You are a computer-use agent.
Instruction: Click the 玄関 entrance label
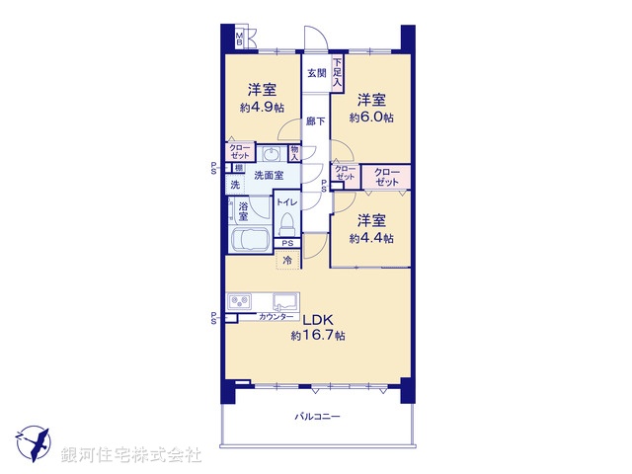[315, 73]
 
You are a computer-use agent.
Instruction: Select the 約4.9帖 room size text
[262, 108]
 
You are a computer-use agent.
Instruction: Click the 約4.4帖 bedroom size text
[371, 238]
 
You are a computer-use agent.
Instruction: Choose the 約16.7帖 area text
[317, 337]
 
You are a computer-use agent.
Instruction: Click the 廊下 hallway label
[314, 120]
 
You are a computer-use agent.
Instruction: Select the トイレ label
[286, 201]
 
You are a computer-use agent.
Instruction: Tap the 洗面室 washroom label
[268, 176]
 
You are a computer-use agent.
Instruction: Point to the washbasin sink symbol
[271, 154]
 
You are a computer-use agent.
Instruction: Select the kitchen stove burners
[241, 301]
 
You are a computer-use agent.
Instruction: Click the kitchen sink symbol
[283, 301]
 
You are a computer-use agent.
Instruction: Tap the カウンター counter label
[276, 317]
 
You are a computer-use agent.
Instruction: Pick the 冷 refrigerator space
[287, 261]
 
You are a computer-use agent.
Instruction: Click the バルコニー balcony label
[317, 418]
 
